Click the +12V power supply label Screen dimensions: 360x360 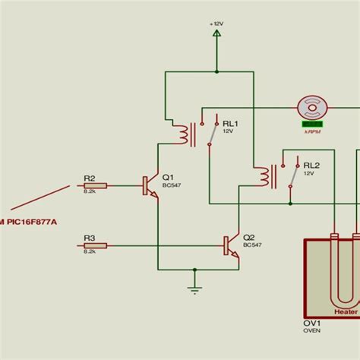point(216,24)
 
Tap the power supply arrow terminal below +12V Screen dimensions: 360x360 point(216,33)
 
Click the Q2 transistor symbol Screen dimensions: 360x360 point(230,245)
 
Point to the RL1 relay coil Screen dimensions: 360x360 point(183,134)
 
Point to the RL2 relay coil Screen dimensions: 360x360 point(264,176)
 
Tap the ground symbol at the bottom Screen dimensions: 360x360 point(194,288)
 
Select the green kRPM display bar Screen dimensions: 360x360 point(312,122)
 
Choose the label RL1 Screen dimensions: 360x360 point(229,122)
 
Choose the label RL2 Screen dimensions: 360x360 point(311,164)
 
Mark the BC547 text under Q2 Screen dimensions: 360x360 point(252,245)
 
